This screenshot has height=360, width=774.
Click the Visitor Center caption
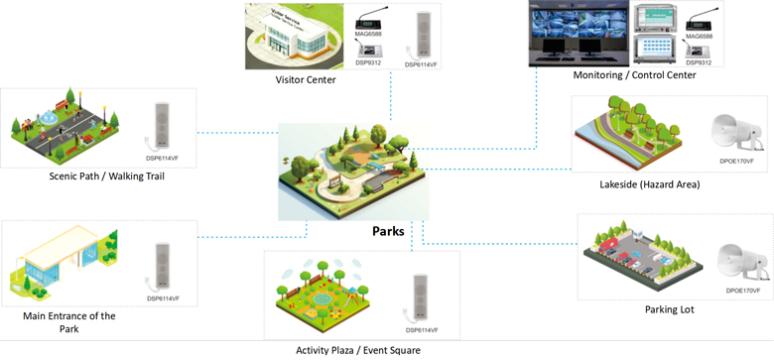[306, 79]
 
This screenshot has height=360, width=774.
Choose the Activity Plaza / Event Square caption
[357, 349]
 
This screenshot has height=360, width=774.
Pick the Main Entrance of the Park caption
[68, 322]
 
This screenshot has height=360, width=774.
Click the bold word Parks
[387, 232]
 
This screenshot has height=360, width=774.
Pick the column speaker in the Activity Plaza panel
[424, 297]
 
